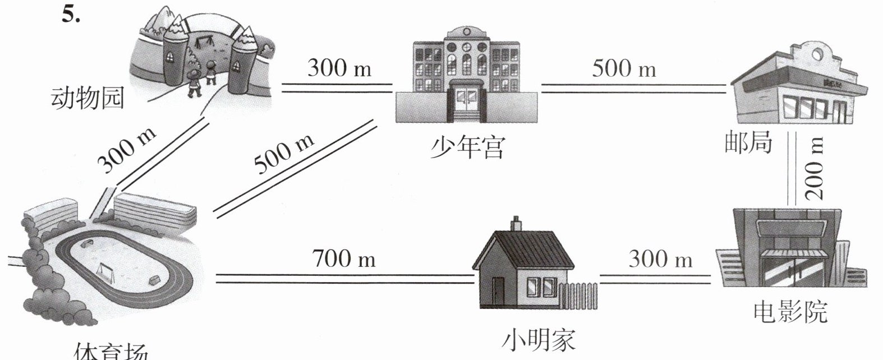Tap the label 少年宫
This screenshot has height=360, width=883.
pos(468,148)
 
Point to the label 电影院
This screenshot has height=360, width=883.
pos(790,312)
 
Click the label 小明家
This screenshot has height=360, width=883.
pos(539,339)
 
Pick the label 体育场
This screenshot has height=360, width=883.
pos(111,352)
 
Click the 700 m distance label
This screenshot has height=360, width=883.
pos(344,259)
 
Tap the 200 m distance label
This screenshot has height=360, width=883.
pos(815,168)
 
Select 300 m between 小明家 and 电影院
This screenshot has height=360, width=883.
pos(660,260)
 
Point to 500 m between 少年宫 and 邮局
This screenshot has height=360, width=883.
pos(624,69)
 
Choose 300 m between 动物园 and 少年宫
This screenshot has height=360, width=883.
pos(339,68)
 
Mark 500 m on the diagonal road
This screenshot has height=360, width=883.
pos(284,153)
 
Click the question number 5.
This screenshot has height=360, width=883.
pos(71,15)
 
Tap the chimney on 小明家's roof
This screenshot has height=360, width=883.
pos(516,224)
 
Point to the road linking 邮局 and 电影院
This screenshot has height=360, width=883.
pos(792,168)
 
